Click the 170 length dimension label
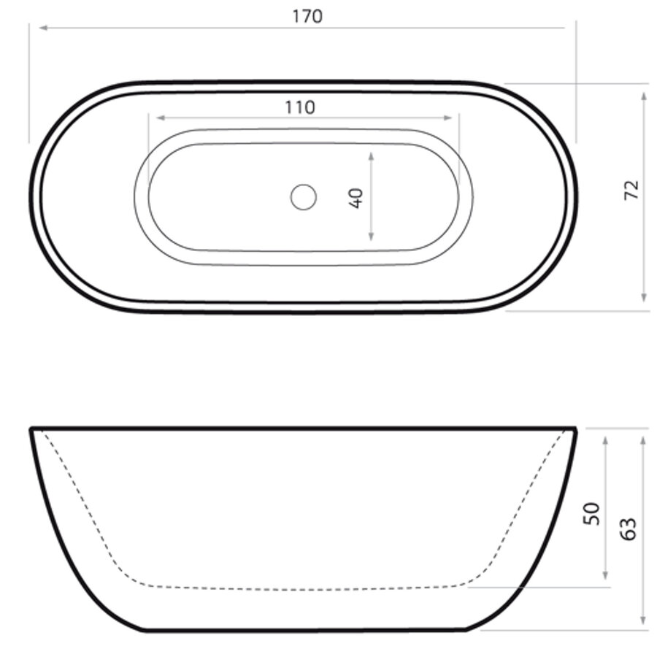coord(307,16)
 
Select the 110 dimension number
coord(300,107)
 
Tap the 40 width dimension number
coord(356,198)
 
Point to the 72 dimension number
coord(631,190)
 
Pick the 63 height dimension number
coord(629,528)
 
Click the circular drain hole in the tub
coord(303,197)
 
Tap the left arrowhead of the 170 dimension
coord(42,28)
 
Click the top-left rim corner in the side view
coord(31,429)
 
